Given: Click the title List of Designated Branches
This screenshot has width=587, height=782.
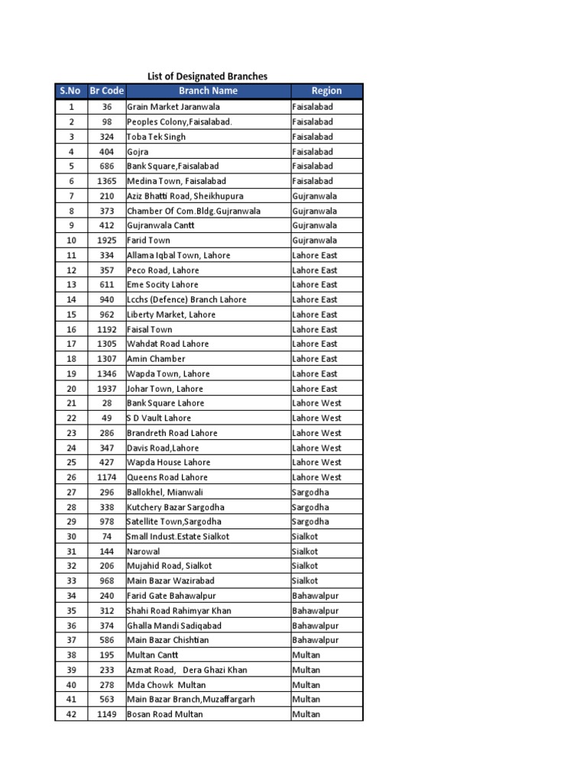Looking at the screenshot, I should coord(207,76).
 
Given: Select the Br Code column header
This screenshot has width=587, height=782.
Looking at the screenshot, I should coord(106,91).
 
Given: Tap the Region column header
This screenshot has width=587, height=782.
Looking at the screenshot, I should coord(326,91).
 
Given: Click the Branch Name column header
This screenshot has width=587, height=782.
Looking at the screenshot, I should coord(208,91).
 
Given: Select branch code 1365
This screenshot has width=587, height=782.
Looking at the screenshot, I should coord(106,181).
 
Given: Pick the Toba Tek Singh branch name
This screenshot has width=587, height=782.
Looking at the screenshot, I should coord(156,137).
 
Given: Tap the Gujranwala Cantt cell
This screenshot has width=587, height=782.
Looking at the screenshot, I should coord(161,225).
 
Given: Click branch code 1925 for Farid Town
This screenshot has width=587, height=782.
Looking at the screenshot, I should coord(106,241).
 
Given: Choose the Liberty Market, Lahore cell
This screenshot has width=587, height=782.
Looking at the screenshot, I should coord(171,315).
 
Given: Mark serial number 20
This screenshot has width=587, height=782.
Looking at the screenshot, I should coord(71,389).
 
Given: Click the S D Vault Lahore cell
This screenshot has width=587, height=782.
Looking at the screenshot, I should coord(159,418).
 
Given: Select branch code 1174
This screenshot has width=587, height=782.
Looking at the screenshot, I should coord(106,477).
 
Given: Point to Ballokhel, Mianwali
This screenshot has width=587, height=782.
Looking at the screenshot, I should coord(165,493).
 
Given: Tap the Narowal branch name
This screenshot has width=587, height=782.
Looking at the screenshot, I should coord(143,551).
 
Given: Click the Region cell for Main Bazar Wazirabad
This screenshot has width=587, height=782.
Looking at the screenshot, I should coord(305,581).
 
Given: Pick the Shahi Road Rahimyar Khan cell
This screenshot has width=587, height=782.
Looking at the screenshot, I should coord(179,611).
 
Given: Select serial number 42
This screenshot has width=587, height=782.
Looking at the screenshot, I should coord(71,715).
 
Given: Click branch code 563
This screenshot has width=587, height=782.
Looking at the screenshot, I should coord(106,700).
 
